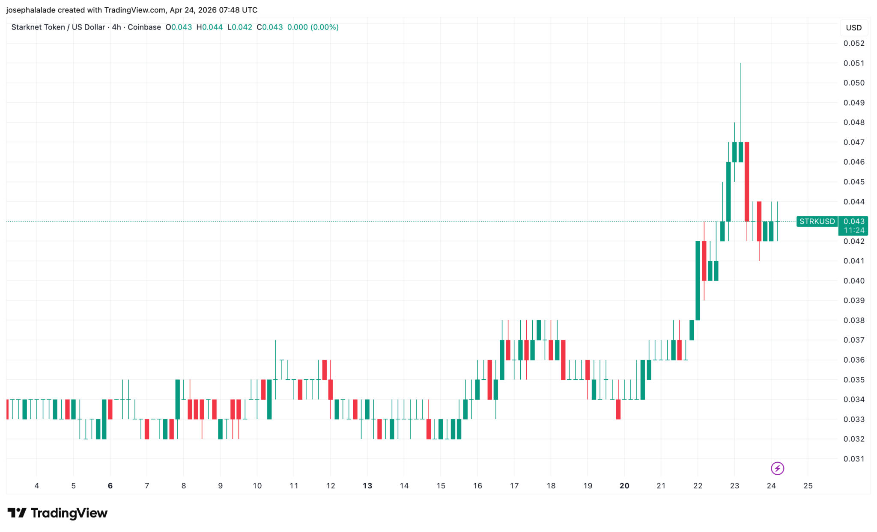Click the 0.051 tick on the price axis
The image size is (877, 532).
pyautogui.click(x=853, y=63)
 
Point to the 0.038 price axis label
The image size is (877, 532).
pyautogui.click(x=853, y=320)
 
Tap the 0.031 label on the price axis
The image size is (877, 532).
pyautogui.click(x=853, y=459)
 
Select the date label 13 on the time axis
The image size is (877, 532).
pyautogui.click(x=367, y=486)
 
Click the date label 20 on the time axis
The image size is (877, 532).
pyautogui.click(x=624, y=486)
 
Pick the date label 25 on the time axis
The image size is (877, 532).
pyautogui.click(x=808, y=486)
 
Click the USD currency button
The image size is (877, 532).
pyautogui.click(x=853, y=28)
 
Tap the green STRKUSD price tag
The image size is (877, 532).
pyautogui.click(x=817, y=222)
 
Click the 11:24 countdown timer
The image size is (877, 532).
pyautogui.click(x=853, y=231)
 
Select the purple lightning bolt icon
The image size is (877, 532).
pyautogui.click(x=777, y=469)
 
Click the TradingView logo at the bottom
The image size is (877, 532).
pyautogui.click(x=57, y=513)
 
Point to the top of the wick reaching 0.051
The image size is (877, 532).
pyautogui.click(x=741, y=64)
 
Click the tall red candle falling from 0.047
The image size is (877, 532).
pyautogui.click(x=747, y=182)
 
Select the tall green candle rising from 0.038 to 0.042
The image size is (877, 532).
pyautogui.click(x=698, y=281)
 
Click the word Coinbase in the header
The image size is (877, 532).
pyautogui.click(x=144, y=27)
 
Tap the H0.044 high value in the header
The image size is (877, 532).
pyautogui.click(x=209, y=27)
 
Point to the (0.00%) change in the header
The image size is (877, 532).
pyautogui.click(x=325, y=27)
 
